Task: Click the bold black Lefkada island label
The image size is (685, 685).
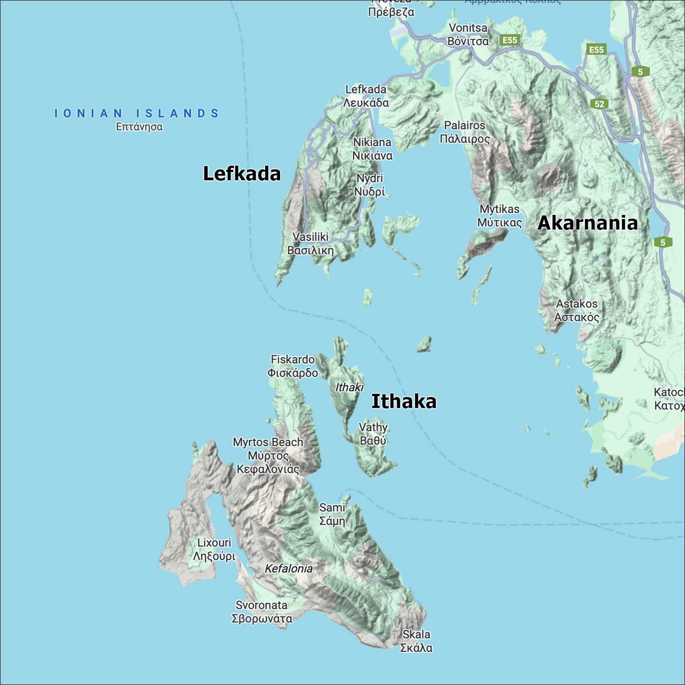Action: pyautogui.click(x=242, y=174)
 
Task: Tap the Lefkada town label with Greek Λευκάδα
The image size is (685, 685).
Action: pyautogui.click(x=366, y=96)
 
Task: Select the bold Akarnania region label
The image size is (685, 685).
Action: pyautogui.click(x=588, y=223)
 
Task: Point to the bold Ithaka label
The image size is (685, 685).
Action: pyautogui.click(x=404, y=401)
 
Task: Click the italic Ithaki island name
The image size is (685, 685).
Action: pyautogui.click(x=349, y=387)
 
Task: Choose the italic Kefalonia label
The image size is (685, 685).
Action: pyautogui.click(x=289, y=569)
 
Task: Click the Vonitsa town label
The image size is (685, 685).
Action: pyautogui.click(x=468, y=35)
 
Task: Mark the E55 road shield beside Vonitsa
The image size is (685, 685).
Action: pyautogui.click(x=510, y=40)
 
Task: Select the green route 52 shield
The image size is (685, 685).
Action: pyautogui.click(x=599, y=104)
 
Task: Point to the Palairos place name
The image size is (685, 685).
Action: pyautogui.click(x=464, y=132)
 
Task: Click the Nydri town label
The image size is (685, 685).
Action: pyautogui.click(x=369, y=184)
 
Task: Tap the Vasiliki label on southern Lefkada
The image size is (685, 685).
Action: pyautogui.click(x=311, y=243)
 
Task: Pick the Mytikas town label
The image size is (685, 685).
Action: pyautogui.click(x=499, y=215)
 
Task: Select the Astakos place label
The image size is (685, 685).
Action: pyautogui.click(x=576, y=310)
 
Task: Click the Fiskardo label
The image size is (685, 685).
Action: pyautogui.click(x=293, y=366)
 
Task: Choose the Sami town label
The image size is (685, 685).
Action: pyautogui.click(x=332, y=514)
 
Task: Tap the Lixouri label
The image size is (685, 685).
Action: pyautogui.click(x=214, y=549)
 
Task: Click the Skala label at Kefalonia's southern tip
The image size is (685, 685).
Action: pyautogui.click(x=416, y=641)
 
